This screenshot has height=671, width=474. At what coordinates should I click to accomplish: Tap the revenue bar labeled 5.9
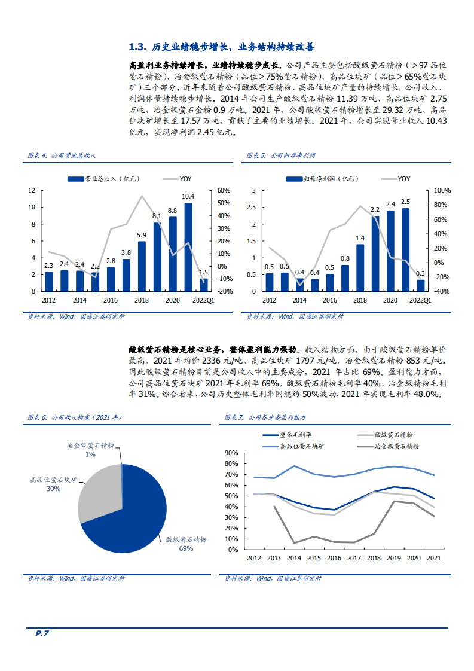[142, 266]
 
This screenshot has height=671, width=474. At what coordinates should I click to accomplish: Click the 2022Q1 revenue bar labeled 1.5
[204, 285]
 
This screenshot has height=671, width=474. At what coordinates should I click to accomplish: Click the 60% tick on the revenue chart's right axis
[224, 190]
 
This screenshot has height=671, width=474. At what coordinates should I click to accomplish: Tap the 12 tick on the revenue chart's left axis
[32, 190]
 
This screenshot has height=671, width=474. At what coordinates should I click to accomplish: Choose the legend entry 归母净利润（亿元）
[322, 178]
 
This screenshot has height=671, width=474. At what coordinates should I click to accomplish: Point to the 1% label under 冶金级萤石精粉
[90, 455]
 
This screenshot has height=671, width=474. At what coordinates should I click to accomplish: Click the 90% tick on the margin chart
[231, 453]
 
